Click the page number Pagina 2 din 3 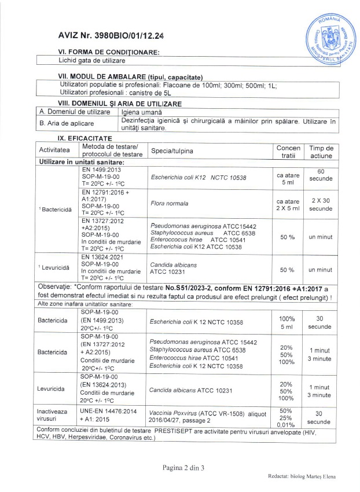click(180, 467)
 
